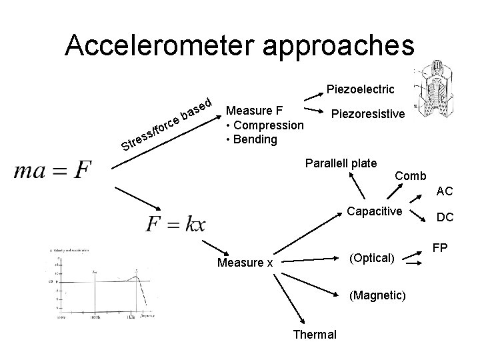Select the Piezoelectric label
pos(360,89)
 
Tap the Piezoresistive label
pos(368,114)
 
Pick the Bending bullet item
pos(252,140)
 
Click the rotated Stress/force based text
pos(167,123)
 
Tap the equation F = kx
pos(175,223)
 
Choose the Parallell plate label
pos(341,163)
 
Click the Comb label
pos(410,176)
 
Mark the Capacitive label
pos(375,212)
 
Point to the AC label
pos(445,191)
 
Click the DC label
pos(445,217)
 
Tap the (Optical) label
pos(372,257)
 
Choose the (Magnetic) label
pos(375,295)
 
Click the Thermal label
pos(315,334)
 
